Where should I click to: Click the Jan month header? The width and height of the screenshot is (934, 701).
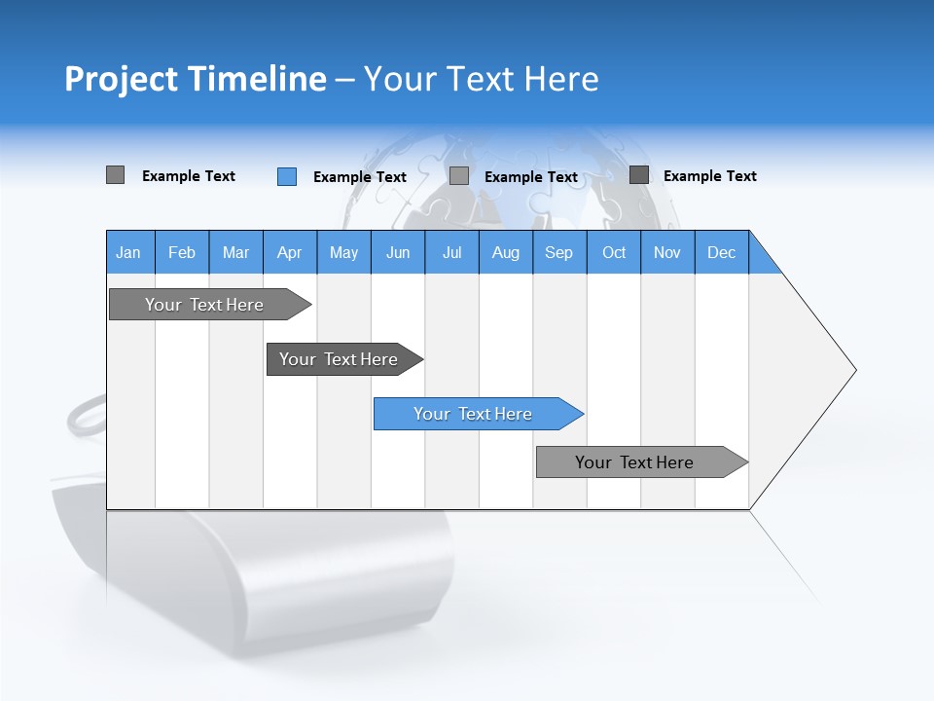(128, 252)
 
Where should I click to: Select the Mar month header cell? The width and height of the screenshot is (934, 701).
(235, 252)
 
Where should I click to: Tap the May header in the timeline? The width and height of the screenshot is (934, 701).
(343, 252)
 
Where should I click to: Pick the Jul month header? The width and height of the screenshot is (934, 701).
(451, 252)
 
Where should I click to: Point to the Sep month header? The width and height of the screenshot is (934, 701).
(558, 252)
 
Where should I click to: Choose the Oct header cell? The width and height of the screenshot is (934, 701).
(614, 252)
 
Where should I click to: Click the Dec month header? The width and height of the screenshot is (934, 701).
(721, 252)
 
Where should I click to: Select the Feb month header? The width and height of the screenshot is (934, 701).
(182, 252)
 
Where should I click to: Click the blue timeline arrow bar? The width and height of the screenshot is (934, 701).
(477, 414)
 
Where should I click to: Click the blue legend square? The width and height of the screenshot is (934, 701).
(286, 176)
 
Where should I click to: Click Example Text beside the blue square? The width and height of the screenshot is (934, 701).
(359, 177)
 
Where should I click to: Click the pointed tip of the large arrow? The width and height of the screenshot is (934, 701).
(854, 370)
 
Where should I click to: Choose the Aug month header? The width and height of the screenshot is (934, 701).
(505, 252)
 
